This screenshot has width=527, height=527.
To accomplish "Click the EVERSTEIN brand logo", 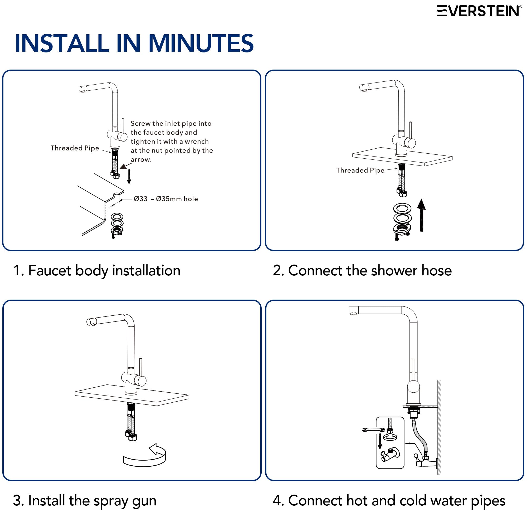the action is click(479, 11).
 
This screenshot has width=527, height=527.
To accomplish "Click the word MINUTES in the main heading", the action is click(201, 43).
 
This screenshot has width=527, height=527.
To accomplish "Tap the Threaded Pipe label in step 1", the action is click(75, 148).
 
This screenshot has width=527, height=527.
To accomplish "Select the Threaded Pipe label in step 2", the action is click(360, 170).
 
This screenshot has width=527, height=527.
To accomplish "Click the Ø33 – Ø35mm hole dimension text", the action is click(166, 199).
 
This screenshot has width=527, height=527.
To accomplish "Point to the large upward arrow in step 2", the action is click(422, 215).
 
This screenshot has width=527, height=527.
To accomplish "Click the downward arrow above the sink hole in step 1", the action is click(129, 177).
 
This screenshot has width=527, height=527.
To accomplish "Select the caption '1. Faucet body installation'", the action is click(97, 271).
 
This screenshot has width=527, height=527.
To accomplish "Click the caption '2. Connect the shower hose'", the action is click(362, 271).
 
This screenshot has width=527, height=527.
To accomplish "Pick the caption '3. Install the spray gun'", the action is click(85, 501).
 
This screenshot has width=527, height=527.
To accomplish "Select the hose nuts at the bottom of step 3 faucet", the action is click(131, 435).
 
